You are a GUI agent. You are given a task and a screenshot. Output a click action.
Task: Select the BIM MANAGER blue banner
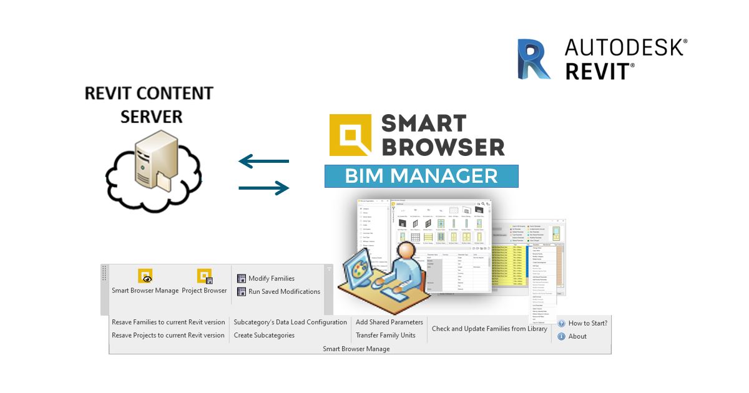pyautogui.click(x=421, y=176)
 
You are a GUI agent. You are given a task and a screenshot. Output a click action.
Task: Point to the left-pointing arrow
pyautogui.click(x=263, y=162)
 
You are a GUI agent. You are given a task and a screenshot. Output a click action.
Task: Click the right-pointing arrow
pyautogui.click(x=264, y=187)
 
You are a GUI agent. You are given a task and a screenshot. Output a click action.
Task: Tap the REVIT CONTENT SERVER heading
pyautogui.click(x=149, y=104)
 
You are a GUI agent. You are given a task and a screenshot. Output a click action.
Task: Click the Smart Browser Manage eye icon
pyautogui.click(x=145, y=276)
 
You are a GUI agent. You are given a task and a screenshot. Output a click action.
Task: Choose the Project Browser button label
pyautogui.click(x=204, y=291)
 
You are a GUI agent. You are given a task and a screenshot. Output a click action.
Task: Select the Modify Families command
pyautogui.click(x=271, y=278)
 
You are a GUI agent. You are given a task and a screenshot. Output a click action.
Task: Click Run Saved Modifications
pyautogui.click(x=284, y=291)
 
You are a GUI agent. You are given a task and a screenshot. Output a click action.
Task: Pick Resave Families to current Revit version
pyautogui.click(x=168, y=323)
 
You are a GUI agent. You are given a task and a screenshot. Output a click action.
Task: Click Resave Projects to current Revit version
pyautogui.click(x=168, y=335)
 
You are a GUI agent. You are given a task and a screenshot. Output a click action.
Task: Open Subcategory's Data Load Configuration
pyautogui.click(x=290, y=323)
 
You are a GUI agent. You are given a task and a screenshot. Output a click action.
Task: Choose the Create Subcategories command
pyautogui.click(x=264, y=335)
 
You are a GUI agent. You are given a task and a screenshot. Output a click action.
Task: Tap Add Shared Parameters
pyautogui.click(x=389, y=323)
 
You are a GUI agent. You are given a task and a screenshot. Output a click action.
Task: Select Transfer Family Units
pyautogui.click(x=385, y=335)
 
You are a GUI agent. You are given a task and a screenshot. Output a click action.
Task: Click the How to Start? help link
pyautogui.click(x=587, y=323)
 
